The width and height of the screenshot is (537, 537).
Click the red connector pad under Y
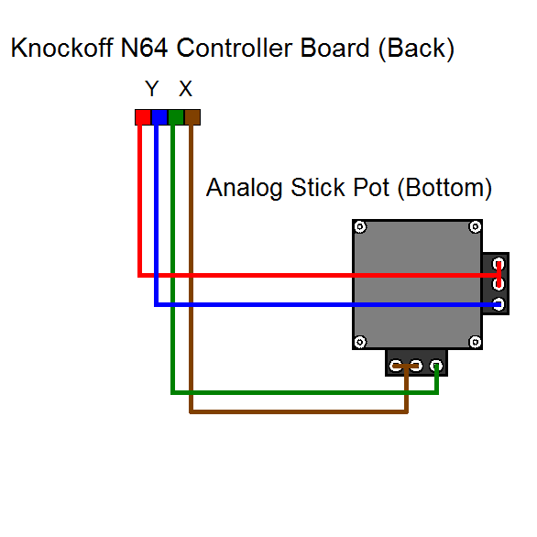pos(142,116)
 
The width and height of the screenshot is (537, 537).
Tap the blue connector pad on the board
pos(159,116)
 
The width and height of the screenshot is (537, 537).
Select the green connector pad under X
pos(175,116)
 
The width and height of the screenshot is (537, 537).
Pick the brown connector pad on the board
pos(192,116)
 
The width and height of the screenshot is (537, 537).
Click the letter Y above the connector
pos(152,90)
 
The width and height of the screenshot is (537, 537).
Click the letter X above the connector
pos(185,90)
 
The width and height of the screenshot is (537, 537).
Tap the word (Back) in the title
pos(415,49)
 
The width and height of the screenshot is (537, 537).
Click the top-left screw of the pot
pos(360,227)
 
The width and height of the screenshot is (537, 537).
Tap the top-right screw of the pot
pos(475,227)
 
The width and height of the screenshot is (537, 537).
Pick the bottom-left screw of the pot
pos(360,342)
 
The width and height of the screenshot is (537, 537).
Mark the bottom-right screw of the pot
pos(475,342)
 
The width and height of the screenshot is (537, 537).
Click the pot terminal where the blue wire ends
pos(499,304)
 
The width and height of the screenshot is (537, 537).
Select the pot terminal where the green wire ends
pos(437,367)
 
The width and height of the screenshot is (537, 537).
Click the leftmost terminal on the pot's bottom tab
pos(396,367)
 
